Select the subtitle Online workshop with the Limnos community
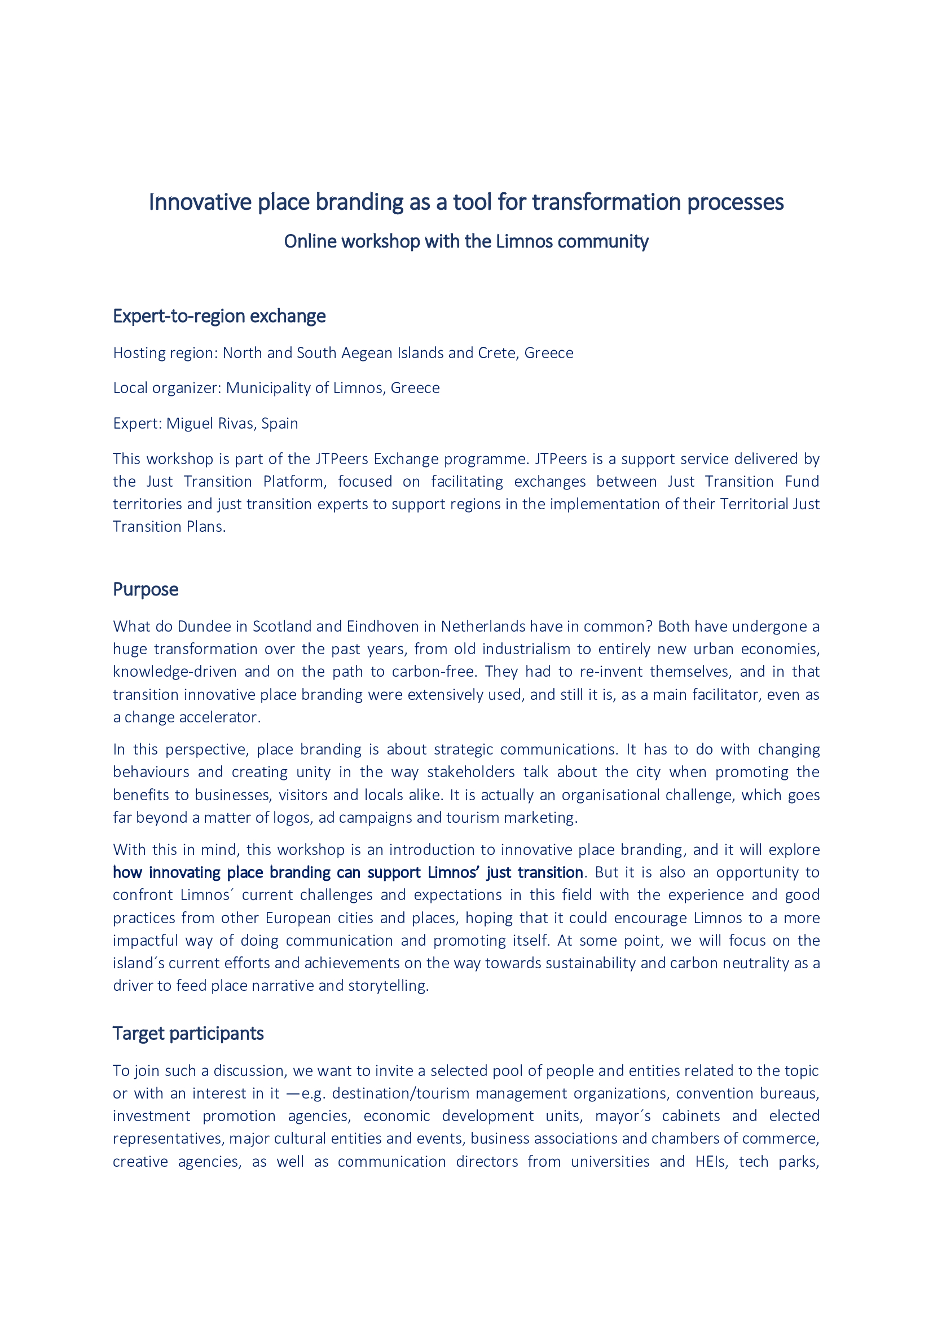pos(466,241)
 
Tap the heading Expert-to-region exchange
pos(219,316)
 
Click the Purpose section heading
pos(146,589)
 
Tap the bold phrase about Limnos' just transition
pos(347,872)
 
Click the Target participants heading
pos(188,1034)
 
